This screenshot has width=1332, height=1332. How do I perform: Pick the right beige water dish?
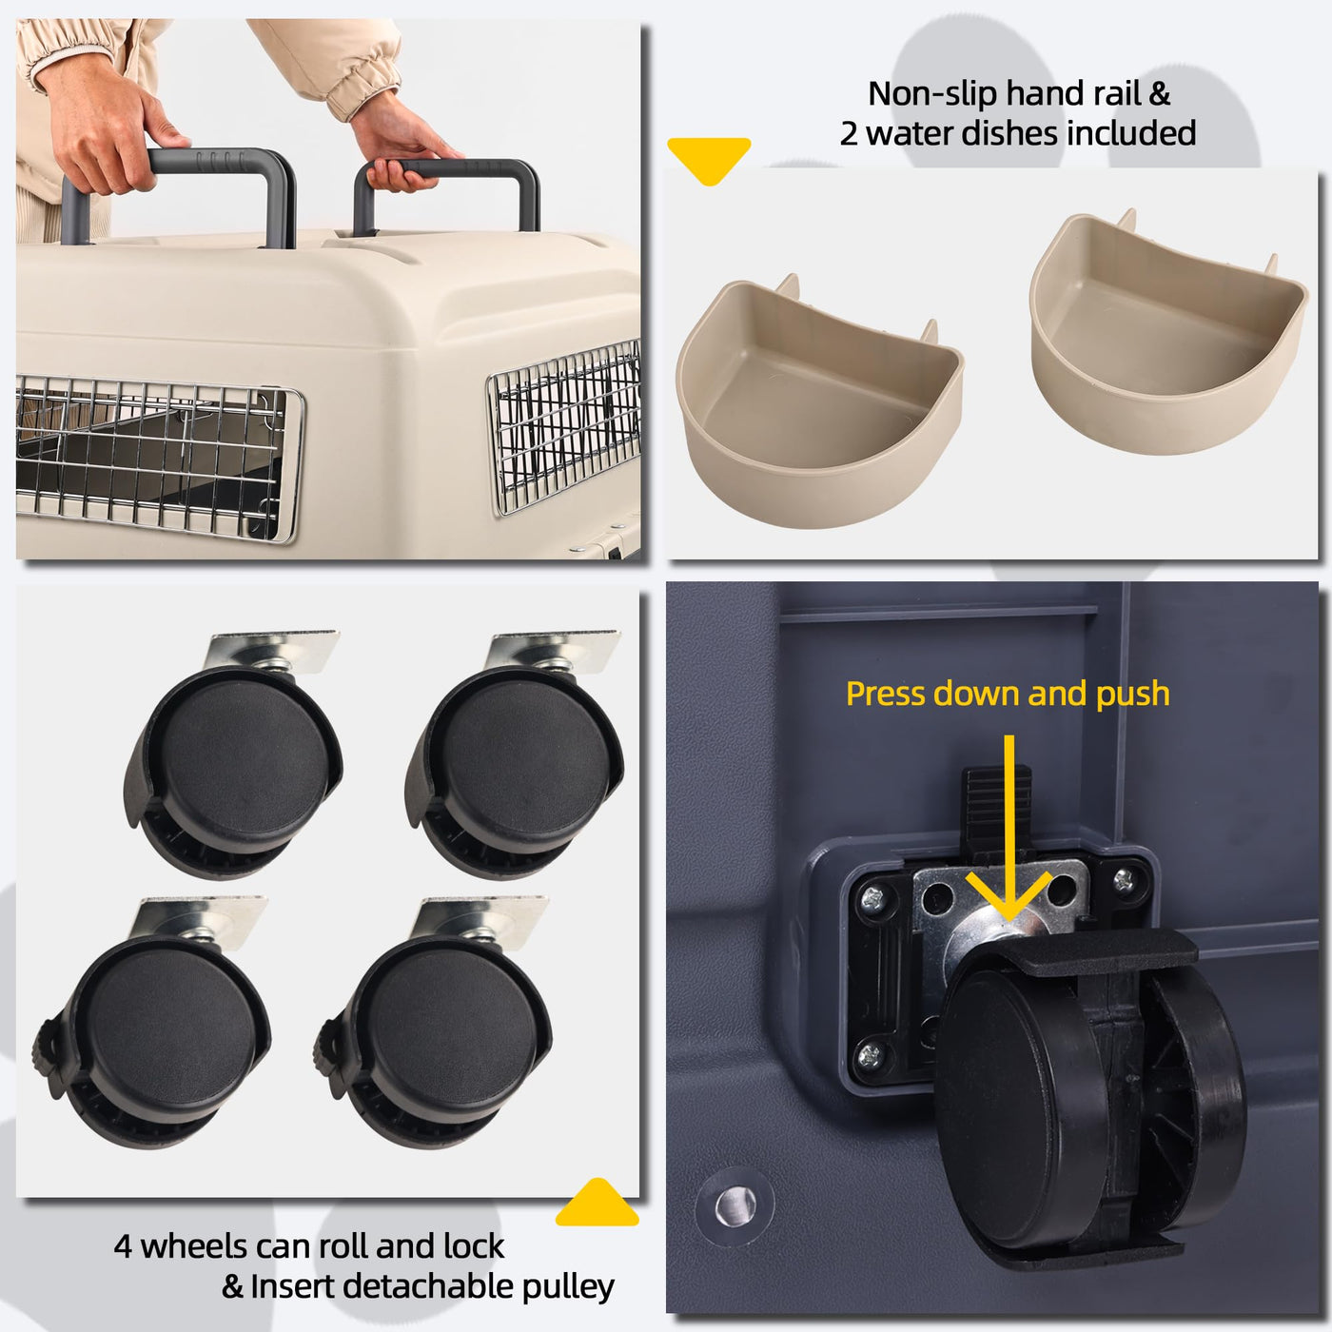pyautogui.click(x=1168, y=332)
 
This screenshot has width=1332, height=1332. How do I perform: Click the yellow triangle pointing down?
pyautogui.click(x=709, y=158)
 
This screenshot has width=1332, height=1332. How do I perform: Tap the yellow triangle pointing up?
pyautogui.click(x=597, y=1204)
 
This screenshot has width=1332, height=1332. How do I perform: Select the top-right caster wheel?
pyautogui.click(x=516, y=754)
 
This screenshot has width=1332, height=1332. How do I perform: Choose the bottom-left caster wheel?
pyautogui.click(x=153, y=1023)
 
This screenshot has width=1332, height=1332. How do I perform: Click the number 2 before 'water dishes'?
pyautogui.click(x=849, y=133)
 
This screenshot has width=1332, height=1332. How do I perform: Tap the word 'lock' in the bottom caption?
pyautogui.click(x=474, y=1245)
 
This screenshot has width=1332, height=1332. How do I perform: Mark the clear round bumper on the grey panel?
pyautogui.click(x=735, y=1205)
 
